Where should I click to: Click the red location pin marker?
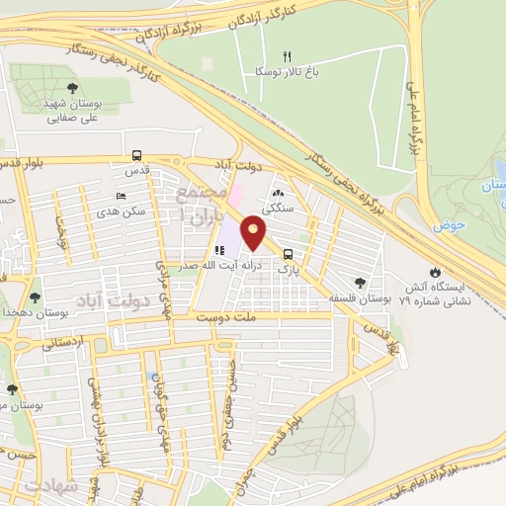click(254, 233)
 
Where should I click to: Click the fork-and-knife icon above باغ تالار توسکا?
click(288, 55)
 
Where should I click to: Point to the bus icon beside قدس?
click(136, 155)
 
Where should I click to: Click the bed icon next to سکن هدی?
click(121, 196)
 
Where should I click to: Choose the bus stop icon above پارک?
click(288, 252)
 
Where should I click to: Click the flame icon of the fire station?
click(436, 272)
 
